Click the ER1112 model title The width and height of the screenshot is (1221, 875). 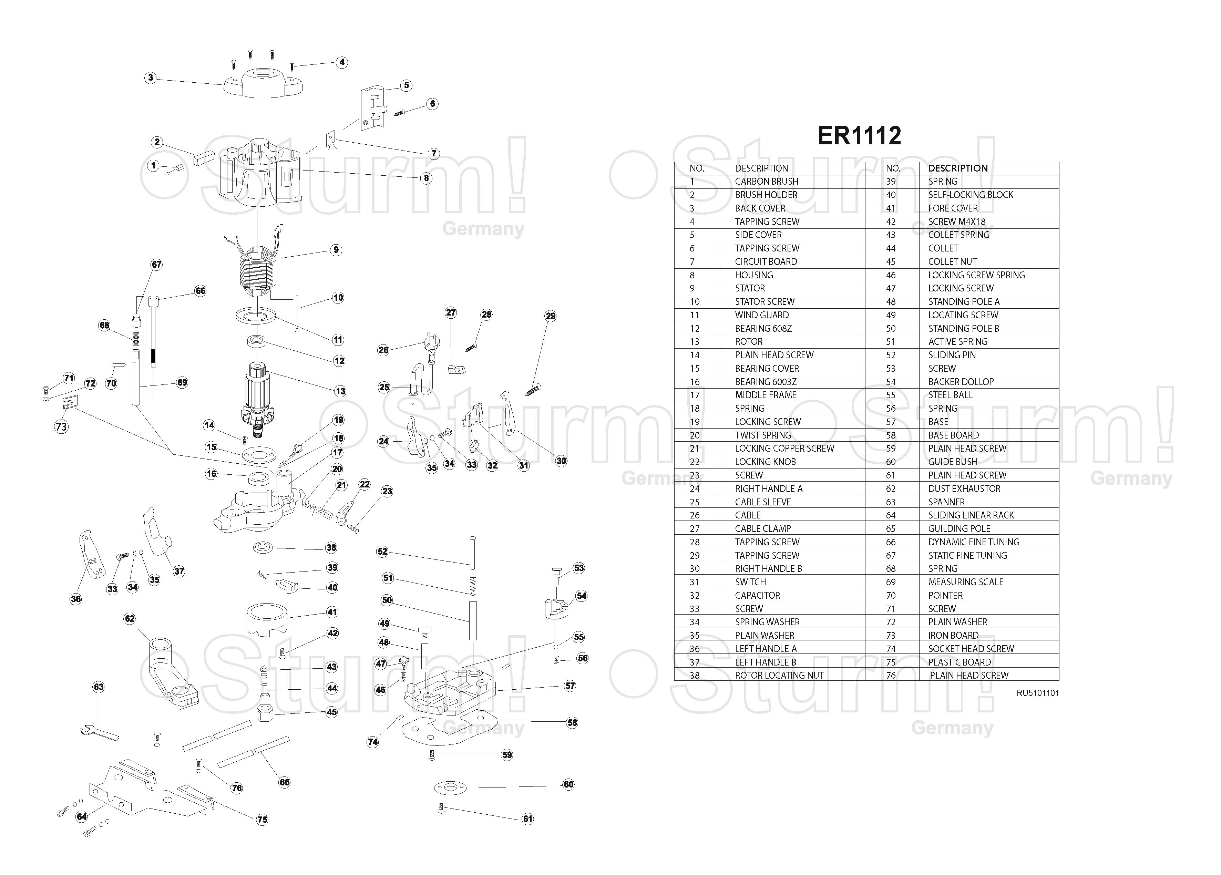[x=859, y=136]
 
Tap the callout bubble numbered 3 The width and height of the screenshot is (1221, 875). [x=151, y=78]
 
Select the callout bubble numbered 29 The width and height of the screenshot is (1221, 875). [x=550, y=316]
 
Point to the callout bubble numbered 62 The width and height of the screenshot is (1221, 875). [x=130, y=619]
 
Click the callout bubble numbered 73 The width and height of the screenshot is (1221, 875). [x=61, y=426]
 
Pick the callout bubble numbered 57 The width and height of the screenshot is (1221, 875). [x=570, y=686]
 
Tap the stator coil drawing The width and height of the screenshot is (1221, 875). [x=257, y=271]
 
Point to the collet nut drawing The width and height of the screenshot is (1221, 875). [x=265, y=713]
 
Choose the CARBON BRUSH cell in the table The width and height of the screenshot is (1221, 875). [x=766, y=182]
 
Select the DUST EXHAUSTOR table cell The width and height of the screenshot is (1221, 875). [x=964, y=488]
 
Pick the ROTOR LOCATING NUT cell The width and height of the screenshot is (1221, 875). [x=779, y=675]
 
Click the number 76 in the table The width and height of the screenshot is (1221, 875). [x=891, y=675]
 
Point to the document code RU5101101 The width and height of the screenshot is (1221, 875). [x=1037, y=693]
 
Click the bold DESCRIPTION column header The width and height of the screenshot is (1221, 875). [x=958, y=168]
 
